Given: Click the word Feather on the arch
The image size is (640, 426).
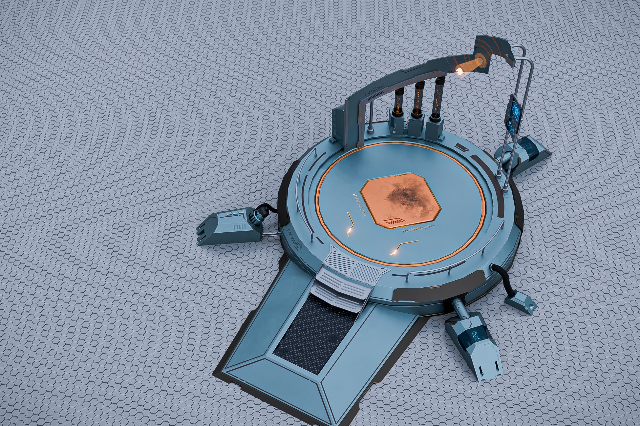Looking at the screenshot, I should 374,90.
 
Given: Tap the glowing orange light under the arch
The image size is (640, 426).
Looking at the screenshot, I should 460,69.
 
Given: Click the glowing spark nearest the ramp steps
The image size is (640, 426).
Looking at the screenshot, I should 393,252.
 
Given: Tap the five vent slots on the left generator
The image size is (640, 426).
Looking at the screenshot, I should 239,227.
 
